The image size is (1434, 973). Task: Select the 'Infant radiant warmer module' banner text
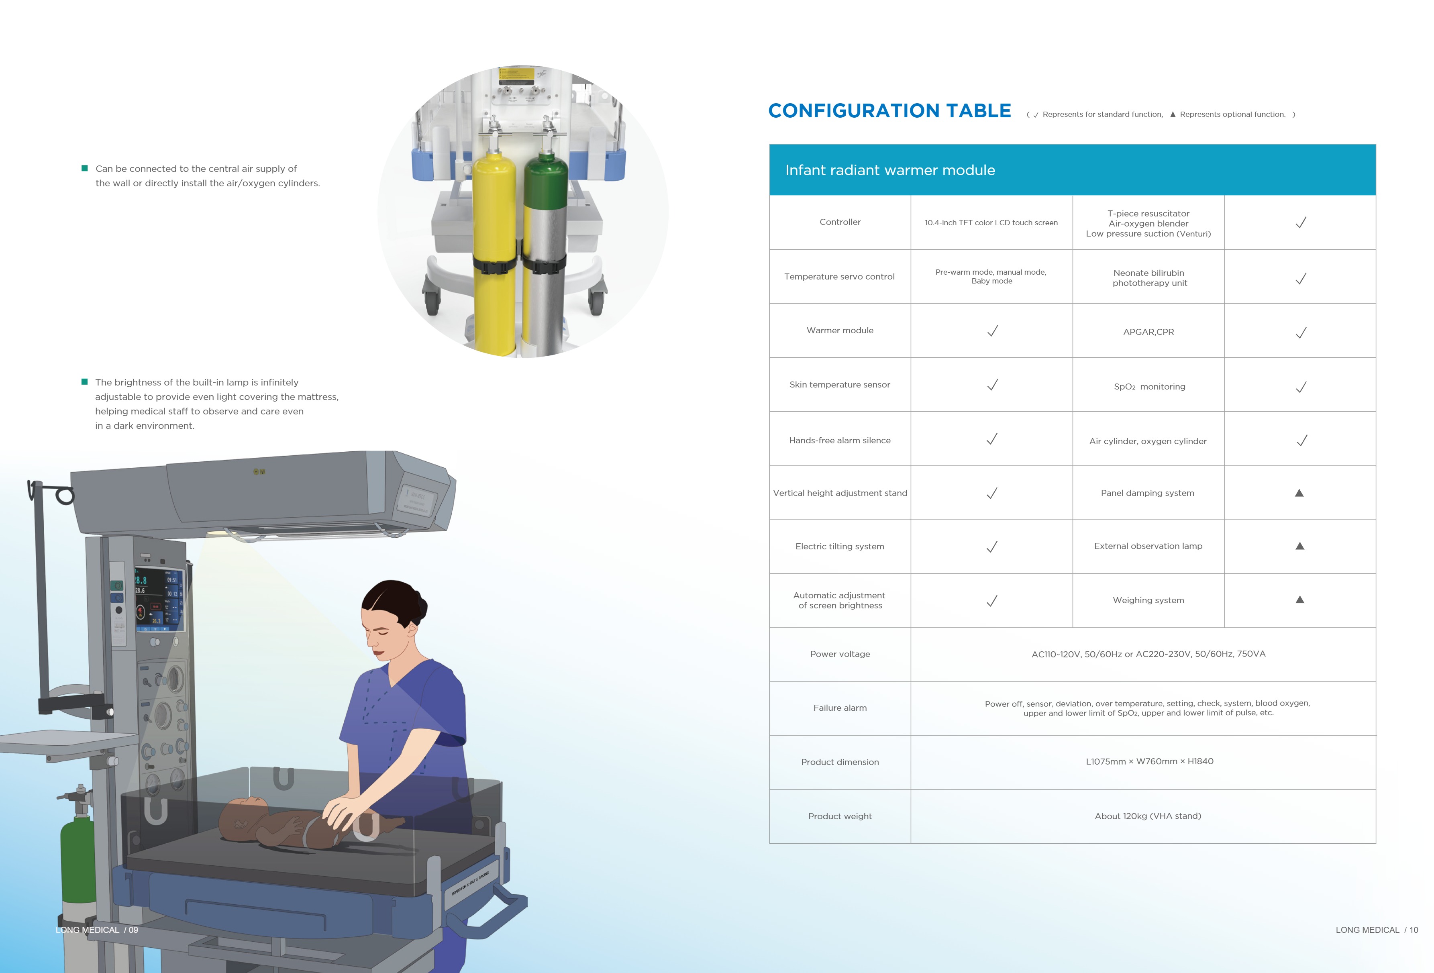(x=890, y=170)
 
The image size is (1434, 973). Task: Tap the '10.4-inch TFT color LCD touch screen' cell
(x=991, y=223)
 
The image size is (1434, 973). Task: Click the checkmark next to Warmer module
(x=992, y=331)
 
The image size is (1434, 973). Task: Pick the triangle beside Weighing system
(x=1299, y=600)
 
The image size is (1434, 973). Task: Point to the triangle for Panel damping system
(x=1299, y=493)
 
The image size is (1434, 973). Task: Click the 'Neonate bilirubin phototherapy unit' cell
(x=1149, y=277)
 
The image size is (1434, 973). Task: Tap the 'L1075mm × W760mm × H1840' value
(x=1149, y=761)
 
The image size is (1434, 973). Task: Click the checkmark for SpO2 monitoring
(x=1301, y=387)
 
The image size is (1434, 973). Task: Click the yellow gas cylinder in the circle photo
(x=495, y=247)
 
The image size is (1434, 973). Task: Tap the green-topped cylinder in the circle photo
(x=544, y=247)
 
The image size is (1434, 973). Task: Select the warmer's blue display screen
(x=159, y=598)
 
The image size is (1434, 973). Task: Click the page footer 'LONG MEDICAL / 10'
(x=1377, y=930)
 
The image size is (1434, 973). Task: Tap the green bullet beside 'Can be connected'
(x=85, y=168)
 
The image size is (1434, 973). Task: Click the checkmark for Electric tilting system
(x=992, y=547)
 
